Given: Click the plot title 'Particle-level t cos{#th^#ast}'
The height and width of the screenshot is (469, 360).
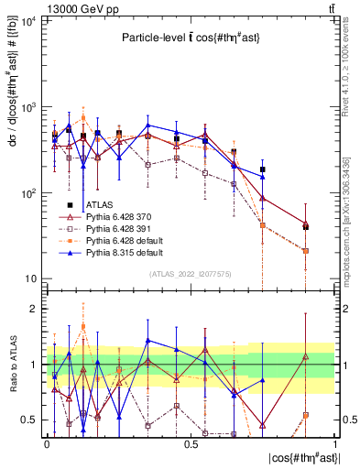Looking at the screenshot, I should pyautogui.click(x=190, y=38).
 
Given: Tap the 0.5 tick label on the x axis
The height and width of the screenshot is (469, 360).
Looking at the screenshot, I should pyautogui.click(x=191, y=443).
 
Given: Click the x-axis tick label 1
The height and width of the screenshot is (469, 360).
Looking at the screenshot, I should pyautogui.click(x=335, y=443).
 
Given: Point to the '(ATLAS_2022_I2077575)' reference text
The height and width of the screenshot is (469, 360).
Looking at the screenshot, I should pyautogui.click(x=190, y=273).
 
